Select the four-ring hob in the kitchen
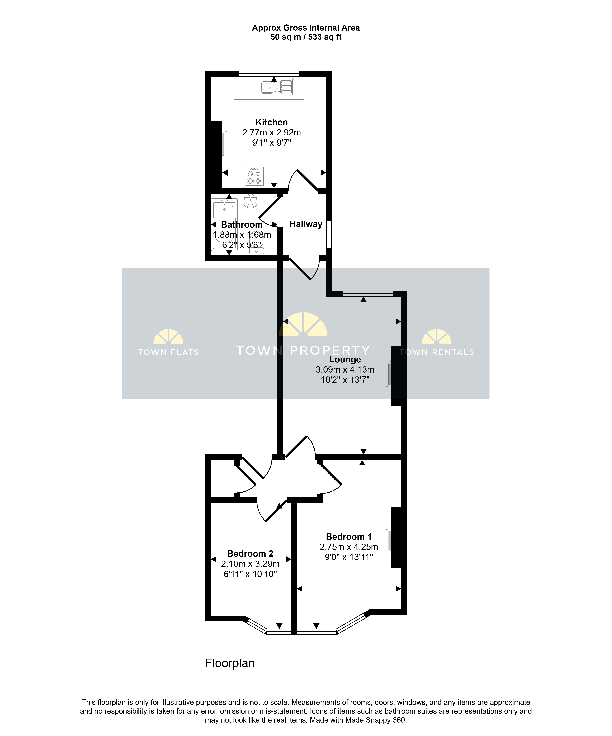pos(254,176)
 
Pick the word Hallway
pos(306,224)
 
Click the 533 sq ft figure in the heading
pos(325,37)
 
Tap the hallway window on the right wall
pos(329,234)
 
